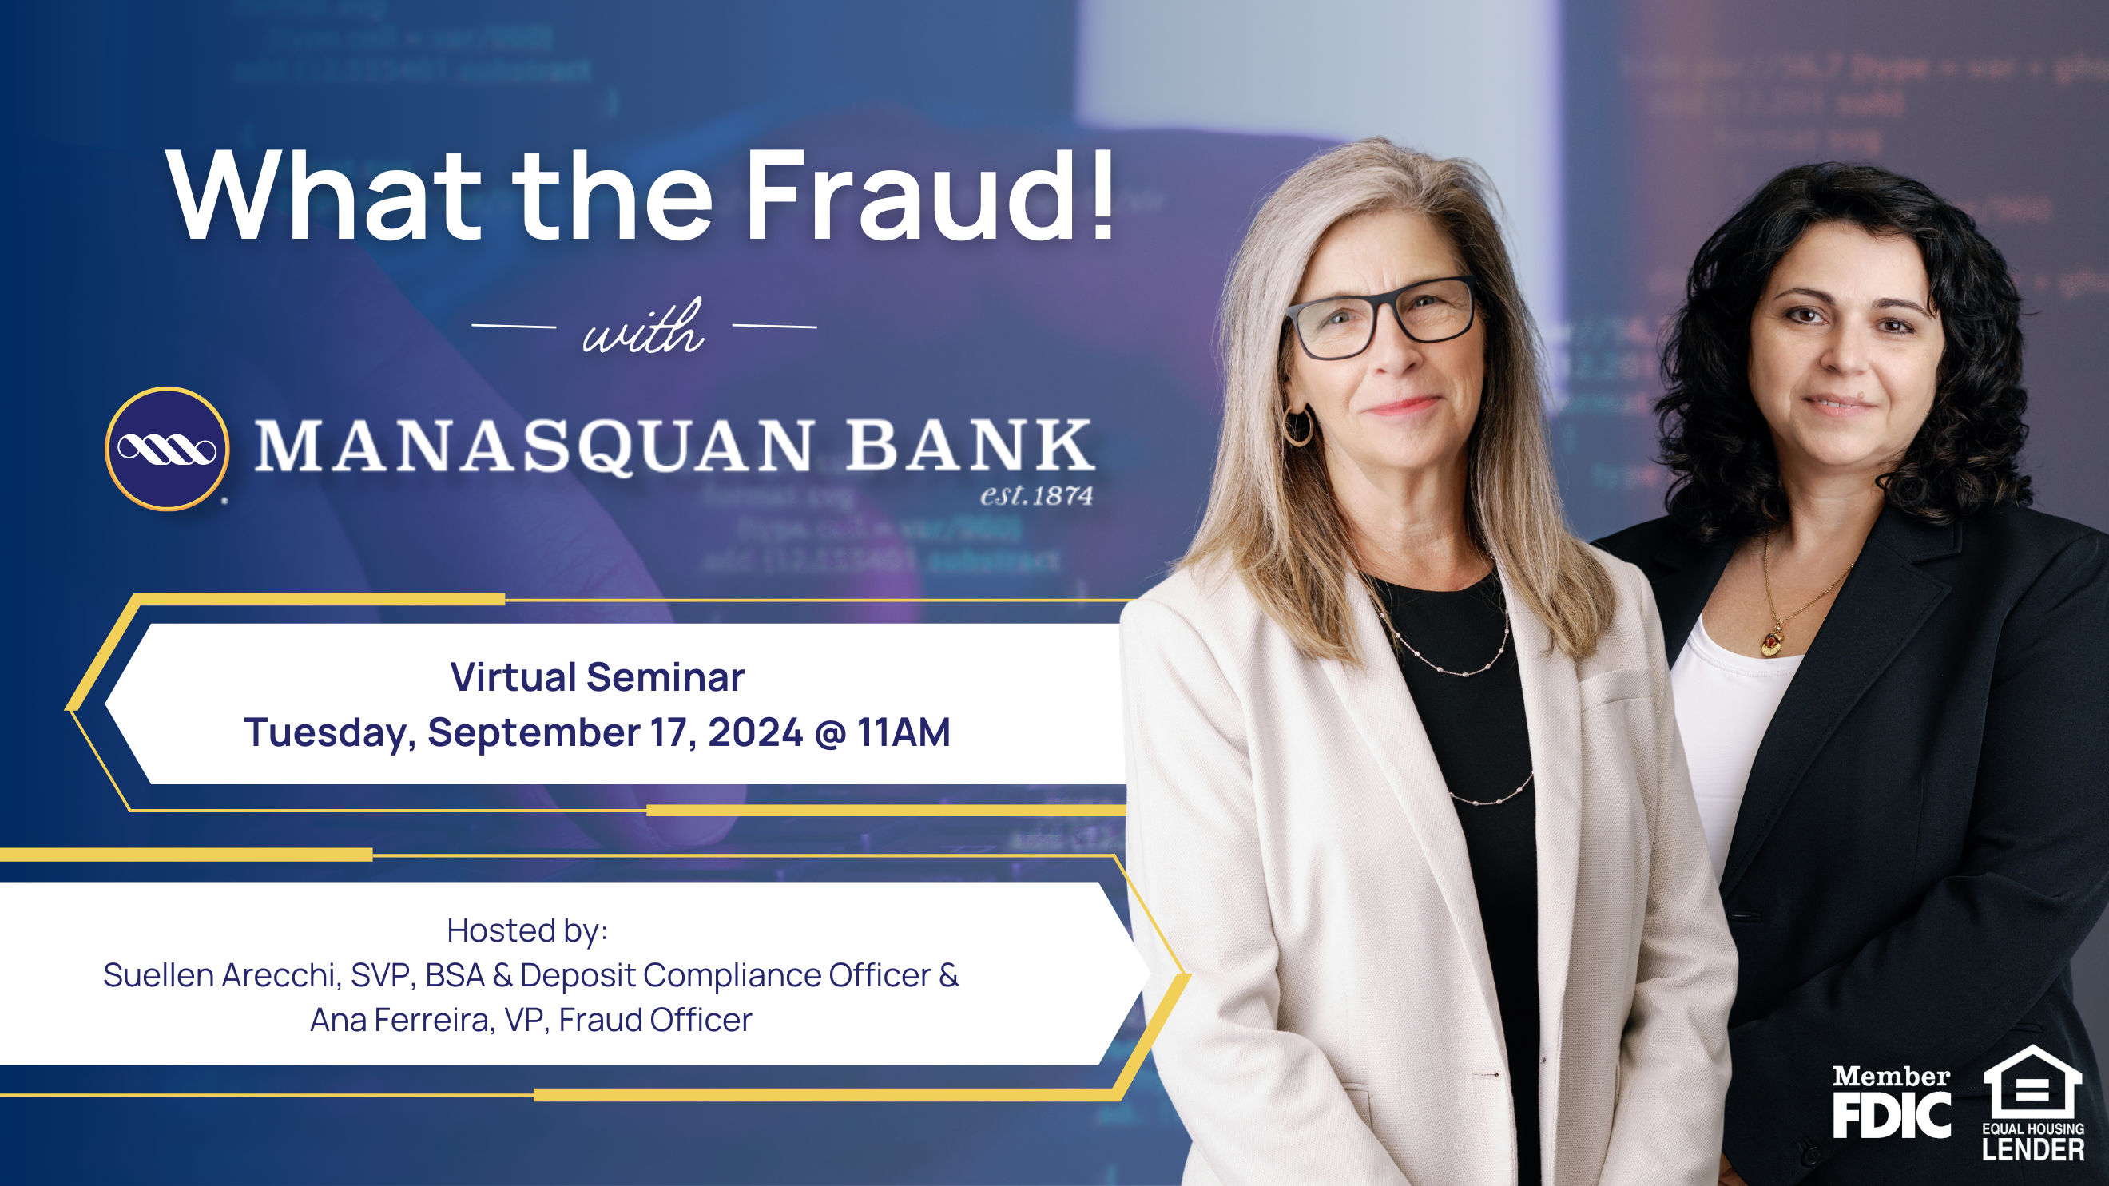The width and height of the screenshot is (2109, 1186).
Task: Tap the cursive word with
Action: coord(643,328)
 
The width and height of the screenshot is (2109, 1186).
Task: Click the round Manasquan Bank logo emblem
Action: coord(167,449)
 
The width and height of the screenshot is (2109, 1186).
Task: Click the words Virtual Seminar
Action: coord(597,678)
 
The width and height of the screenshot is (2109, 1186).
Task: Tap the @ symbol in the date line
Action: coord(829,732)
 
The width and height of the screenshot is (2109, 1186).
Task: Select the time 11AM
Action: coord(904,732)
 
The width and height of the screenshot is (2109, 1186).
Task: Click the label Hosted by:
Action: coord(527,930)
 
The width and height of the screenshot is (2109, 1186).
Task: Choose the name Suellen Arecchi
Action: coord(220,976)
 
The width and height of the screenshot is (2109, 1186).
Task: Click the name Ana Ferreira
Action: coord(399,1021)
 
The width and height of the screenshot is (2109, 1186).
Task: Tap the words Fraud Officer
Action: coord(655,1021)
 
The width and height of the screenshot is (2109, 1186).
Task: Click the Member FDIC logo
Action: coord(1891,1101)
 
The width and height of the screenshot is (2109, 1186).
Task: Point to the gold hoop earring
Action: coord(1298,426)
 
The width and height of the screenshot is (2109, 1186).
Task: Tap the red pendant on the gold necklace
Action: coord(1771,644)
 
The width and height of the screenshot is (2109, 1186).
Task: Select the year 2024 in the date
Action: coord(755,732)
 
